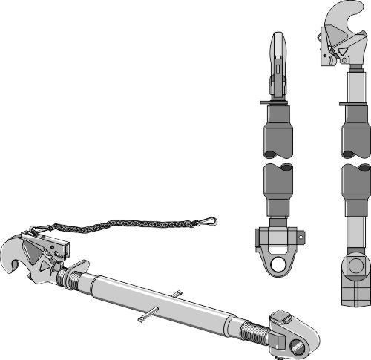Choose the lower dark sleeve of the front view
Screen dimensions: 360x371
click(x=278, y=189)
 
